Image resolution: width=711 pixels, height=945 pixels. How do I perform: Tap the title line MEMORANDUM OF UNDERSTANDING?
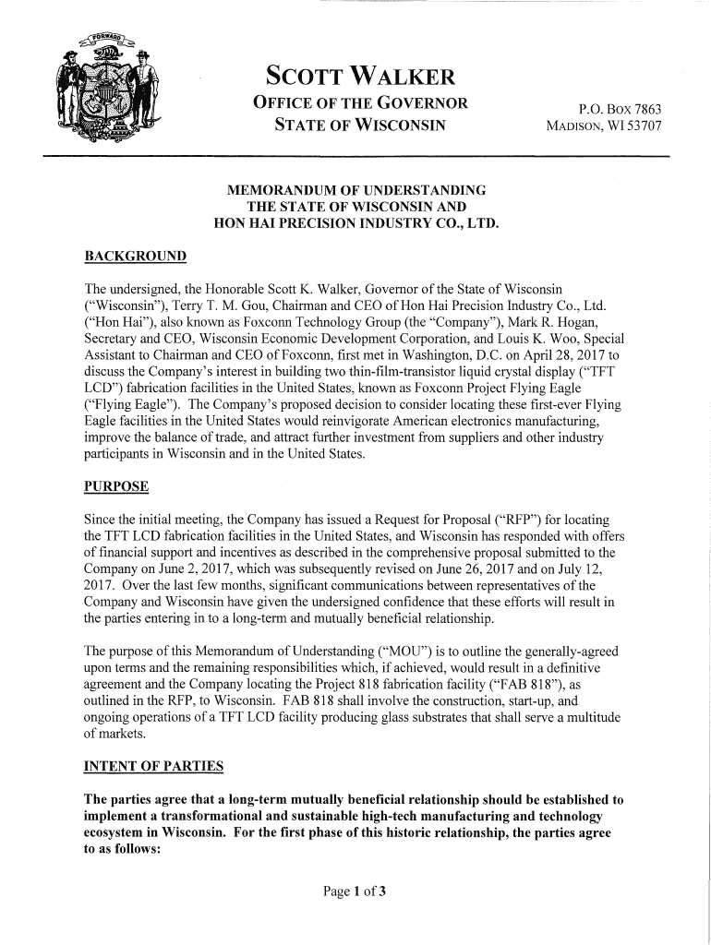click(356, 190)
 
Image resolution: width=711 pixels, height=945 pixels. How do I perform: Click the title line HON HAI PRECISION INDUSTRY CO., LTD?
click(356, 221)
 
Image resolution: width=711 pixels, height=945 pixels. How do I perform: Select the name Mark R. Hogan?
click(572, 321)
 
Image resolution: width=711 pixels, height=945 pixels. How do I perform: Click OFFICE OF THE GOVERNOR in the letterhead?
click(360, 103)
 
